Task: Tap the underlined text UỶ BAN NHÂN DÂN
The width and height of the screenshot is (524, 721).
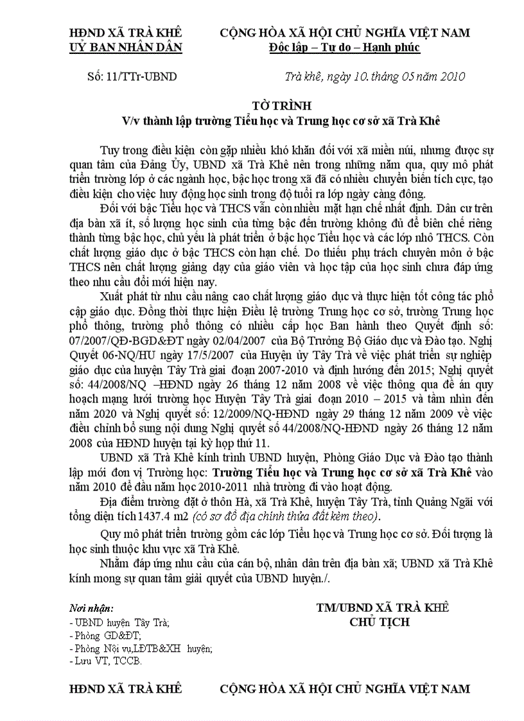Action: click(x=126, y=47)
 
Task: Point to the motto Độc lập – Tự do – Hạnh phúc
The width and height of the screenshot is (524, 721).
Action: click(x=345, y=47)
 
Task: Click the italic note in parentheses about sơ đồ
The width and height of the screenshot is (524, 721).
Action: click(x=282, y=516)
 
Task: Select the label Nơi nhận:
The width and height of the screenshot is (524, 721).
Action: click(x=91, y=607)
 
